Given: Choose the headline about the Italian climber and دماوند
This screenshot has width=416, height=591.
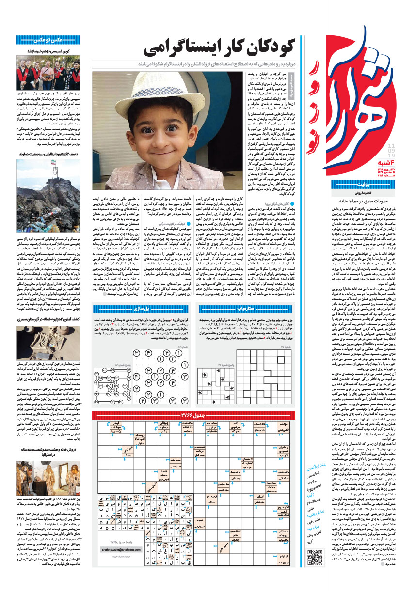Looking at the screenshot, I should click(x=48, y=154).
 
